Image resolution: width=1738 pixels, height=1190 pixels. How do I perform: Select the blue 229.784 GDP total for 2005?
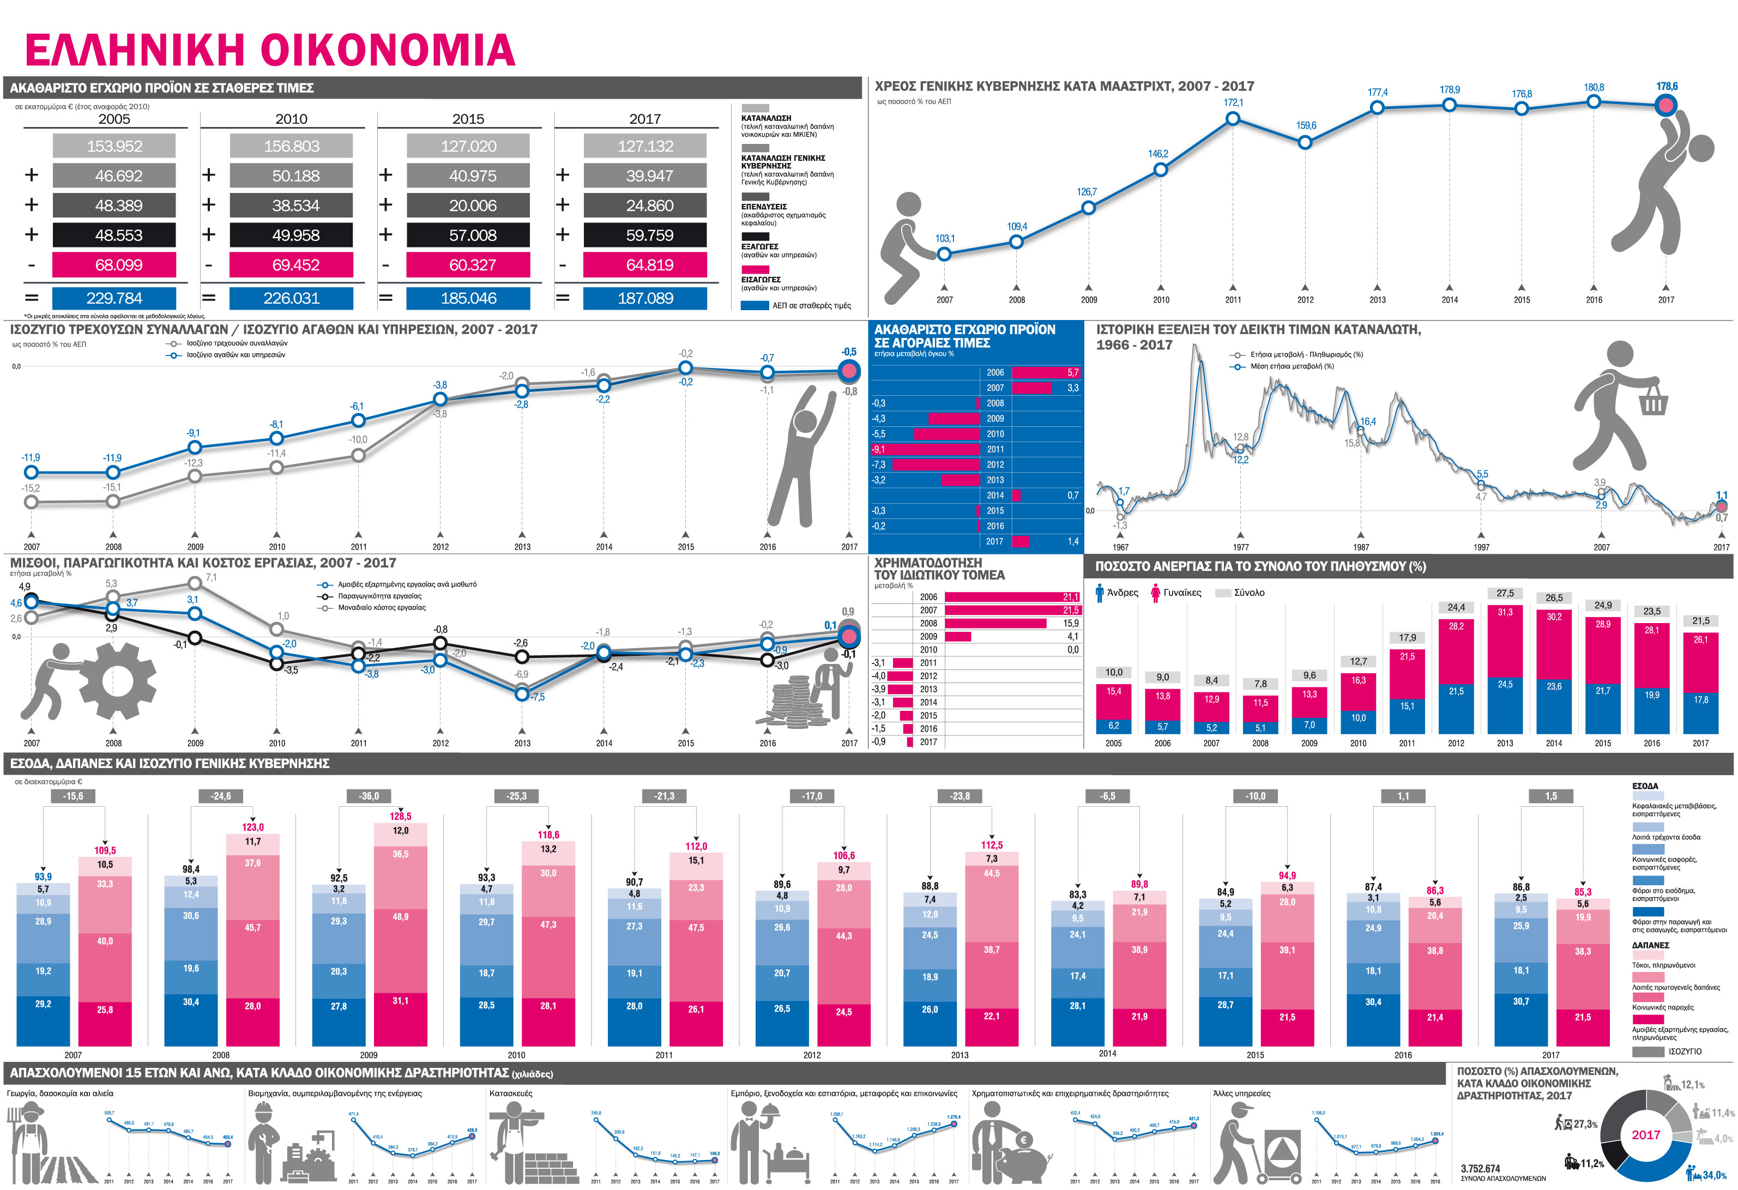tap(114, 298)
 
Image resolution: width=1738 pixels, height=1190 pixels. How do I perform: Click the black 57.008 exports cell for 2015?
tap(468, 235)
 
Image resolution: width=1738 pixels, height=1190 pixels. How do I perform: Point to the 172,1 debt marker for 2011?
tap(1233, 119)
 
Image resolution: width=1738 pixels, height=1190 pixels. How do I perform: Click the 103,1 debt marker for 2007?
tap(945, 255)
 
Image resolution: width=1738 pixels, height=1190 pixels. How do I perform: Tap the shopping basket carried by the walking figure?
tap(1653, 402)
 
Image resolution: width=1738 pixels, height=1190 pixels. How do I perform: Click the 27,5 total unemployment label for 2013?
tap(1505, 593)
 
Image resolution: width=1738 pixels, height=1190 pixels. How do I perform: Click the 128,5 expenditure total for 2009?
tap(400, 816)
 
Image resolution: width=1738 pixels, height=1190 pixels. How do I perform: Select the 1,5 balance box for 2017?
tap(1551, 796)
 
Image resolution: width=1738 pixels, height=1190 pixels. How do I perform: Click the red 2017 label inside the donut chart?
tap(1645, 1134)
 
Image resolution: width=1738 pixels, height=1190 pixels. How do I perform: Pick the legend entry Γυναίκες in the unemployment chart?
tap(1181, 593)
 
